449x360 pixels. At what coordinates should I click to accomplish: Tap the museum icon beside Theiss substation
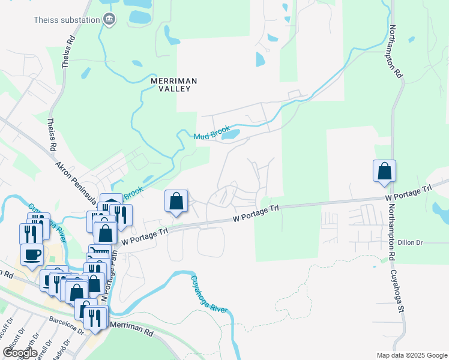[x=109, y=19]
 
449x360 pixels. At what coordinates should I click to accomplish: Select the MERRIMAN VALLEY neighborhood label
[x=174, y=84]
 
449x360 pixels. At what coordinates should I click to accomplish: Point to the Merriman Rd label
[x=132, y=323]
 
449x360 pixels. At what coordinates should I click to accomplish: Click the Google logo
[x=20, y=352]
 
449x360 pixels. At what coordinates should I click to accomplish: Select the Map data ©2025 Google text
[x=411, y=355]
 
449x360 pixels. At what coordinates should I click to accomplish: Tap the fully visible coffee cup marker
[x=32, y=254]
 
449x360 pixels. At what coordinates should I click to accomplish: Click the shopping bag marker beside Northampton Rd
[x=384, y=171]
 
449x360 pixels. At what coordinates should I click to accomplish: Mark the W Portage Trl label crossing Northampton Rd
[x=408, y=193]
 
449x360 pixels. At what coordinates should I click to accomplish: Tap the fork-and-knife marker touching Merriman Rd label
[x=95, y=318]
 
